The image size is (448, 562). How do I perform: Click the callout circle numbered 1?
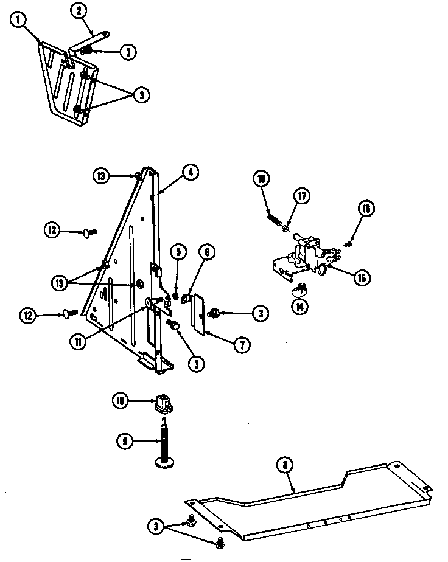19,19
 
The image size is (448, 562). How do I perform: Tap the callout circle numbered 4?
190,173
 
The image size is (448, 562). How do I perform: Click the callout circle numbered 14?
299,307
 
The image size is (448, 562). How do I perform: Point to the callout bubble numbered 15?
362,278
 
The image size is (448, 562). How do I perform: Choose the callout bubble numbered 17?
302,196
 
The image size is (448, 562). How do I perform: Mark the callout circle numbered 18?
261,179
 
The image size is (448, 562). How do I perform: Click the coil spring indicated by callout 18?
272,217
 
